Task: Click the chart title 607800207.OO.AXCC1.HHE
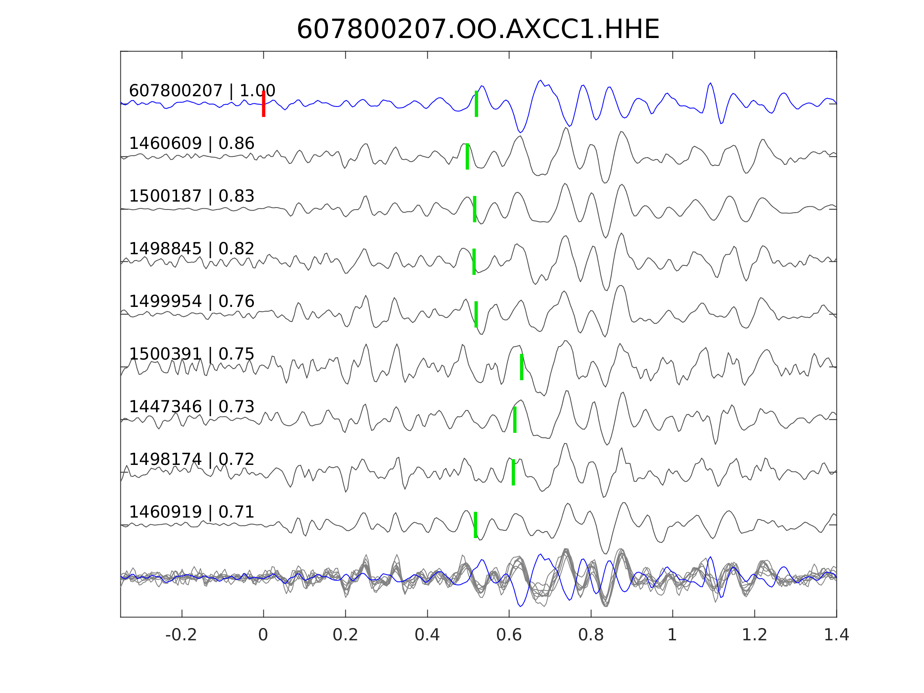478,30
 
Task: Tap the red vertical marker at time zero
264,104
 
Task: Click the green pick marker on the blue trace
476,104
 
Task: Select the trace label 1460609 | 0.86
191,143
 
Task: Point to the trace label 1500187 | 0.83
191,196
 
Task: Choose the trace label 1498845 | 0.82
191,249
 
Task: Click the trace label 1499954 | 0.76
191,301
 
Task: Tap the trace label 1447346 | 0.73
191,406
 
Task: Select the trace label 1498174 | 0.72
191,459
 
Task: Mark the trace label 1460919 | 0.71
191,512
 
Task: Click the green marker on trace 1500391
522,367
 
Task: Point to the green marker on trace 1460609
467,156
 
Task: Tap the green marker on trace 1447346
514,419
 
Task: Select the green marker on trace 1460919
475,525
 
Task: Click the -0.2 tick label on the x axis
181,635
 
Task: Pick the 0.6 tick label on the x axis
509,635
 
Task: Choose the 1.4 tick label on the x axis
836,635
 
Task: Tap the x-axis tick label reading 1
672,635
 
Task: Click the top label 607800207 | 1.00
202,91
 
